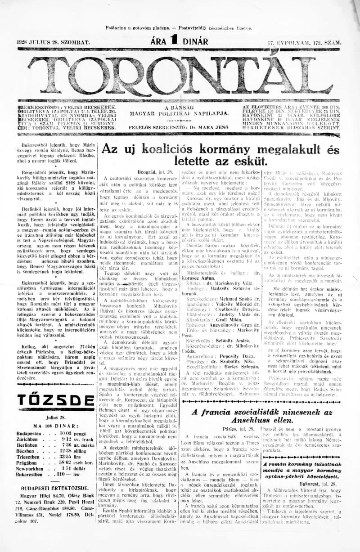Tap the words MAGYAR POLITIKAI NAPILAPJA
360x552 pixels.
click(x=179, y=114)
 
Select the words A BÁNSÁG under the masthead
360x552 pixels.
click(x=179, y=108)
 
